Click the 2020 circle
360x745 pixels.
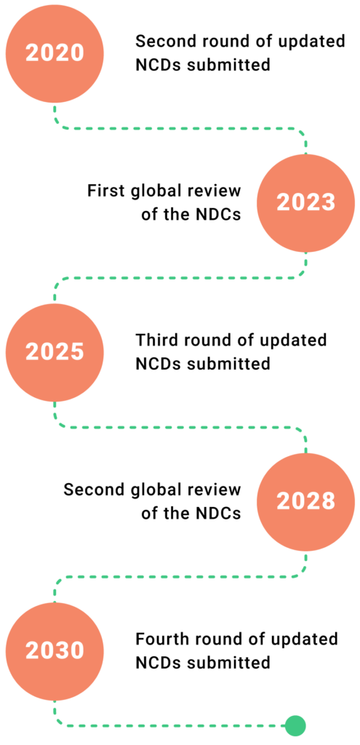pyautogui.click(x=55, y=53)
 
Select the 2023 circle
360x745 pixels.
pyautogui.click(x=306, y=203)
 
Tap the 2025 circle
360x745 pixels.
pyautogui.click(x=55, y=353)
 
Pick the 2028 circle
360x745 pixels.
pyautogui.click(x=306, y=502)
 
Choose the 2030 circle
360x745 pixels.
pyautogui.click(x=55, y=651)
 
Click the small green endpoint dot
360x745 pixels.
pyautogui.click(x=295, y=725)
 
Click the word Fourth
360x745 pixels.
pyautogui.click(x=159, y=639)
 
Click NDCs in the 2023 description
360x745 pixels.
pyautogui.click(x=218, y=215)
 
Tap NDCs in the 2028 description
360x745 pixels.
pyautogui.click(x=218, y=514)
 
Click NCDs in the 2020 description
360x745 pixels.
pyautogui.click(x=159, y=65)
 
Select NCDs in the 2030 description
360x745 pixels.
pyautogui.click(x=159, y=662)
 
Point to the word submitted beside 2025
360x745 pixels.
pyautogui.click(x=228, y=364)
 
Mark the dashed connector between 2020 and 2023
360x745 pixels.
pyautogui.click(x=180, y=128)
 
